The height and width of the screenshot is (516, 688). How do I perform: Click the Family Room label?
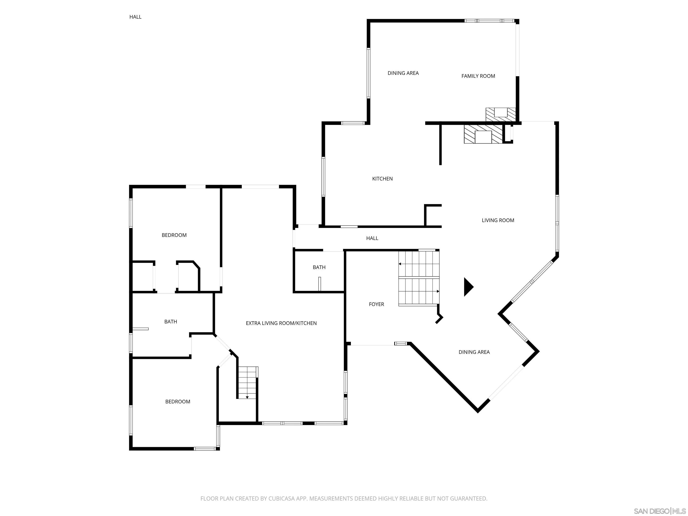pos(478,76)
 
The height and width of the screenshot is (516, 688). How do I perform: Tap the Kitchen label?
pos(382,178)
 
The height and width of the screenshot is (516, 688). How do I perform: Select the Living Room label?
pos(498,220)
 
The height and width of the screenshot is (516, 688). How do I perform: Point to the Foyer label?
pos(376,304)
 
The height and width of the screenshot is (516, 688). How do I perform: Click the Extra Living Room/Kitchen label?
pos(281,323)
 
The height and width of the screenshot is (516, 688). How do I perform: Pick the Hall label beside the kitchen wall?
pos(372,238)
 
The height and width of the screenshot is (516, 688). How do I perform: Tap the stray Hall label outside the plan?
pos(135,17)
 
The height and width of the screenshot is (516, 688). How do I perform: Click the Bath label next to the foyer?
pos(319,267)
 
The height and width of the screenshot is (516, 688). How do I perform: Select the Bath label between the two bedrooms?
pos(170,322)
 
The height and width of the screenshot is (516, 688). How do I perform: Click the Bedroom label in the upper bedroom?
pos(174,235)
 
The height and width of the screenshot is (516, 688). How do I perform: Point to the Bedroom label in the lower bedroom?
pos(178,402)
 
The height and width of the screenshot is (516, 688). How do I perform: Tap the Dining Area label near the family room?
pos(403,73)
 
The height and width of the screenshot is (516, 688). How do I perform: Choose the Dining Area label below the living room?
pos(474,352)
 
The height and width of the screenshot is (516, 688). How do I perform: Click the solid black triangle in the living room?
pos(468,287)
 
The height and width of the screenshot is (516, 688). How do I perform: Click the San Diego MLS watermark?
pos(660,511)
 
